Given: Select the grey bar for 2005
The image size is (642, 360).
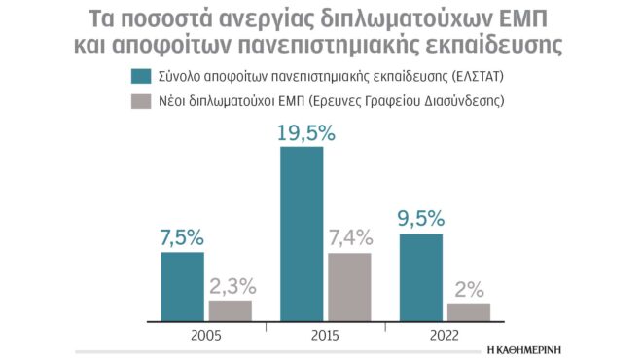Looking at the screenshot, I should (231, 309).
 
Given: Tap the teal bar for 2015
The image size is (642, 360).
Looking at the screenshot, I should (302, 234).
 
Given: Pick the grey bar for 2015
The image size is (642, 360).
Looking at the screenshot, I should (349, 286).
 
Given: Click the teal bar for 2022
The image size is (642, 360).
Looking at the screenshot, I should (421, 276).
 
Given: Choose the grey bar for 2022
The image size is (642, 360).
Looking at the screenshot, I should (468, 311).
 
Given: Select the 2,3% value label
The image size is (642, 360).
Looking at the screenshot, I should (231, 286).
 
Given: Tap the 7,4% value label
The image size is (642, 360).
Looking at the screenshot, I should (350, 238).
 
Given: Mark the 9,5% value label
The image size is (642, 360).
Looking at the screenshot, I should (420, 219).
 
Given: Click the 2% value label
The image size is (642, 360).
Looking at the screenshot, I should (468, 288).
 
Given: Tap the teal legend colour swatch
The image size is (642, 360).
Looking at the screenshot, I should (142, 75).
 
